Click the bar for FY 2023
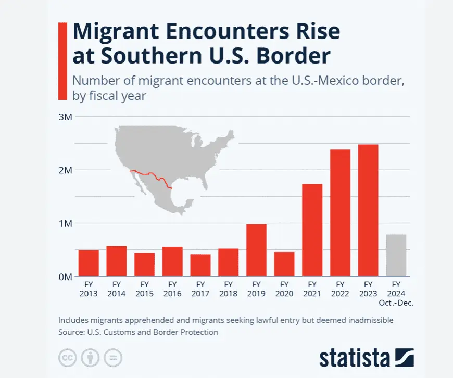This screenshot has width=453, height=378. click(x=368, y=210)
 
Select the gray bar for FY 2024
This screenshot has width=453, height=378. click(x=396, y=255)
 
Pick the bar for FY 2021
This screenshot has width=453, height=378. click(x=312, y=230)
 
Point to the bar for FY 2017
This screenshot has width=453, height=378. click(x=200, y=265)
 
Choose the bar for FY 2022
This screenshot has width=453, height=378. click(x=340, y=213)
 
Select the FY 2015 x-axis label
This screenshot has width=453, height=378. click(x=144, y=289)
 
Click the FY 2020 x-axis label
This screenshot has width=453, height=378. click(x=284, y=289)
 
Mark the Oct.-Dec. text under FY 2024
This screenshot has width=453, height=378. click(x=396, y=303)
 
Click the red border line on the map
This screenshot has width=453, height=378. click(x=151, y=175)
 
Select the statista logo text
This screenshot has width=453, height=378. click(x=354, y=358)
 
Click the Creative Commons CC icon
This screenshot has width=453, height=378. click(x=67, y=358)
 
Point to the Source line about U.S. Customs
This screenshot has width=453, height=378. click(x=138, y=332)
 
